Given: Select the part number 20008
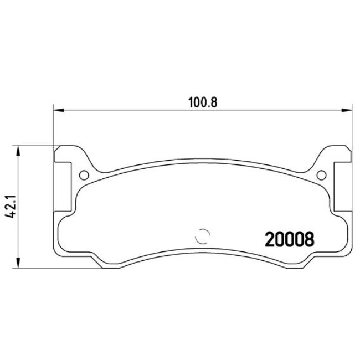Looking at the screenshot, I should click(x=290, y=239).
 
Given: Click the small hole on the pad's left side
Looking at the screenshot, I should click(x=84, y=176).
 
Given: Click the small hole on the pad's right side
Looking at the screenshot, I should click(x=321, y=176).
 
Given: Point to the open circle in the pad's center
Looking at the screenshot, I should click(x=203, y=235).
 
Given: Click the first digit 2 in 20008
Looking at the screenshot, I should click(x=270, y=239).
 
